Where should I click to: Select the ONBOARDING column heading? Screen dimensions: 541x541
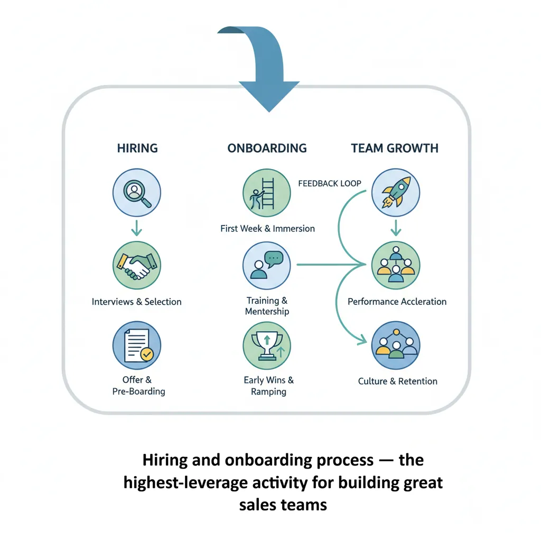pyautogui.click(x=267, y=148)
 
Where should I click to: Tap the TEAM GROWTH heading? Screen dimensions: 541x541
pyautogui.click(x=395, y=148)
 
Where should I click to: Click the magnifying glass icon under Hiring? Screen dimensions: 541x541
pyautogui.click(x=137, y=193)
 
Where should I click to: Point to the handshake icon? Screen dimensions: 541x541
pyautogui.click(x=137, y=265)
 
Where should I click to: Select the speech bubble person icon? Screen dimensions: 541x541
pyautogui.click(x=267, y=265)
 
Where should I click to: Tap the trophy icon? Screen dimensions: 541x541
pyautogui.click(x=267, y=346)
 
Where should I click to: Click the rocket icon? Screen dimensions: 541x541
pyautogui.click(x=396, y=193)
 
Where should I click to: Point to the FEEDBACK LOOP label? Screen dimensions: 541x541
pyautogui.click(x=330, y=183)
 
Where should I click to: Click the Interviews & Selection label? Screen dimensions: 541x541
pyautogui.click(x=137, y=302)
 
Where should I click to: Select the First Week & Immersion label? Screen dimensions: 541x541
pyautogui.click(x=267, y=229)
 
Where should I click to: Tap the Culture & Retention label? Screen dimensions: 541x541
pyautogui.click(x=398, y=381)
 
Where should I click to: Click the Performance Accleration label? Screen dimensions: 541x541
pyautogui.click(x=397, y=302)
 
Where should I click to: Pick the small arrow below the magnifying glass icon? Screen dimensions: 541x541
pyautogui.click(x=137, y=228)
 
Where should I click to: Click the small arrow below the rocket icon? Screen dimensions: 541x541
pyautogui.click(x=396, y=228)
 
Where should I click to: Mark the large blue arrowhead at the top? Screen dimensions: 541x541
pyautogui.click(x=269, y=95)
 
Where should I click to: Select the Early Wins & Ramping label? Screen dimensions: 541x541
pyautogui.click(x=268, y=386)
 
